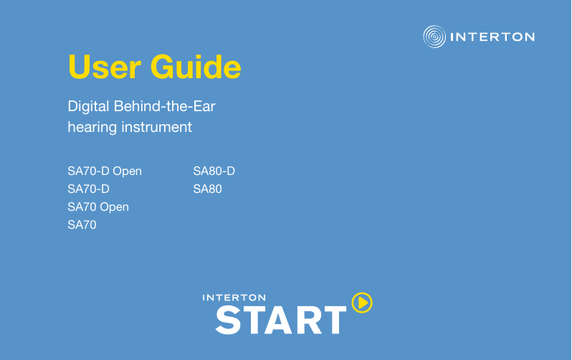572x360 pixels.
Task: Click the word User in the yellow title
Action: point(105,67)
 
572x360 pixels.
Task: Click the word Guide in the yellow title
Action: point(196,67)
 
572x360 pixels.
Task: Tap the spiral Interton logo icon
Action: point(434,37)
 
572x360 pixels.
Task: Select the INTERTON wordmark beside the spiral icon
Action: point(492,37)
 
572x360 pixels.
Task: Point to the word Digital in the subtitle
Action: point(88,107)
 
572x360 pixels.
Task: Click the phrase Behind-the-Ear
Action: point(165,106)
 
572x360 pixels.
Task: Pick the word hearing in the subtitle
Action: point(92,128)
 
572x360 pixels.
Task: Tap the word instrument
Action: point(156,127)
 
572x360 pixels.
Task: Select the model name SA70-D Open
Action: point(105,171)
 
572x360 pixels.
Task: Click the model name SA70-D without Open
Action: point(89,189)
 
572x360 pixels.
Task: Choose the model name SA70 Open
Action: point(98,207)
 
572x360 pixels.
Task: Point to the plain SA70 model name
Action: point(82,224)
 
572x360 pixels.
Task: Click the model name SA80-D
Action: point(214,171)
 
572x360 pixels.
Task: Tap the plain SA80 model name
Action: point(208,189)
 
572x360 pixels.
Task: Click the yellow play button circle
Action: point(362,303)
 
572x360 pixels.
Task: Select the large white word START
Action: point(281,320)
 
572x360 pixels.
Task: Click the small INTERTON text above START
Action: point(234,298)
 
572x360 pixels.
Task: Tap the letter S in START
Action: point(228,320)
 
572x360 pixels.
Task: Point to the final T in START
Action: point(334,321)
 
